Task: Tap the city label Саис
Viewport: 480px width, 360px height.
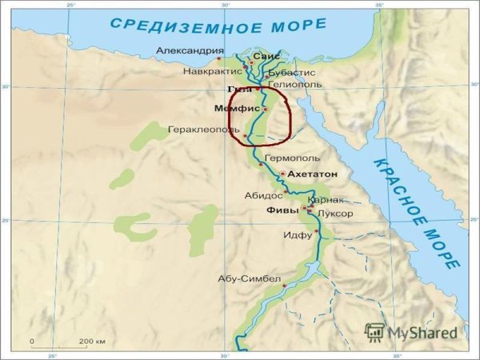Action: (268, 58)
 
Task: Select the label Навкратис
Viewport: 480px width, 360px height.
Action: (212, 71)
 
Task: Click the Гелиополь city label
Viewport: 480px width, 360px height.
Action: (296, 83)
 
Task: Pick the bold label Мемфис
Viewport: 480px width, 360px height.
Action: (238, 108)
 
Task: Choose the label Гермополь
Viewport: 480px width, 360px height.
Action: (292, 158)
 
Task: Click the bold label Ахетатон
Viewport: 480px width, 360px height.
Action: (313, 174)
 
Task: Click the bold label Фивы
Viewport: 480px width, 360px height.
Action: (282, 210)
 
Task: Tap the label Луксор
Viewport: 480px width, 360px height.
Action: (334, 214)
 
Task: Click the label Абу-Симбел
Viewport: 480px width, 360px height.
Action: (250, 279)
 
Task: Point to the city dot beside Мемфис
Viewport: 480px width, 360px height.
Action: (265, 109)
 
